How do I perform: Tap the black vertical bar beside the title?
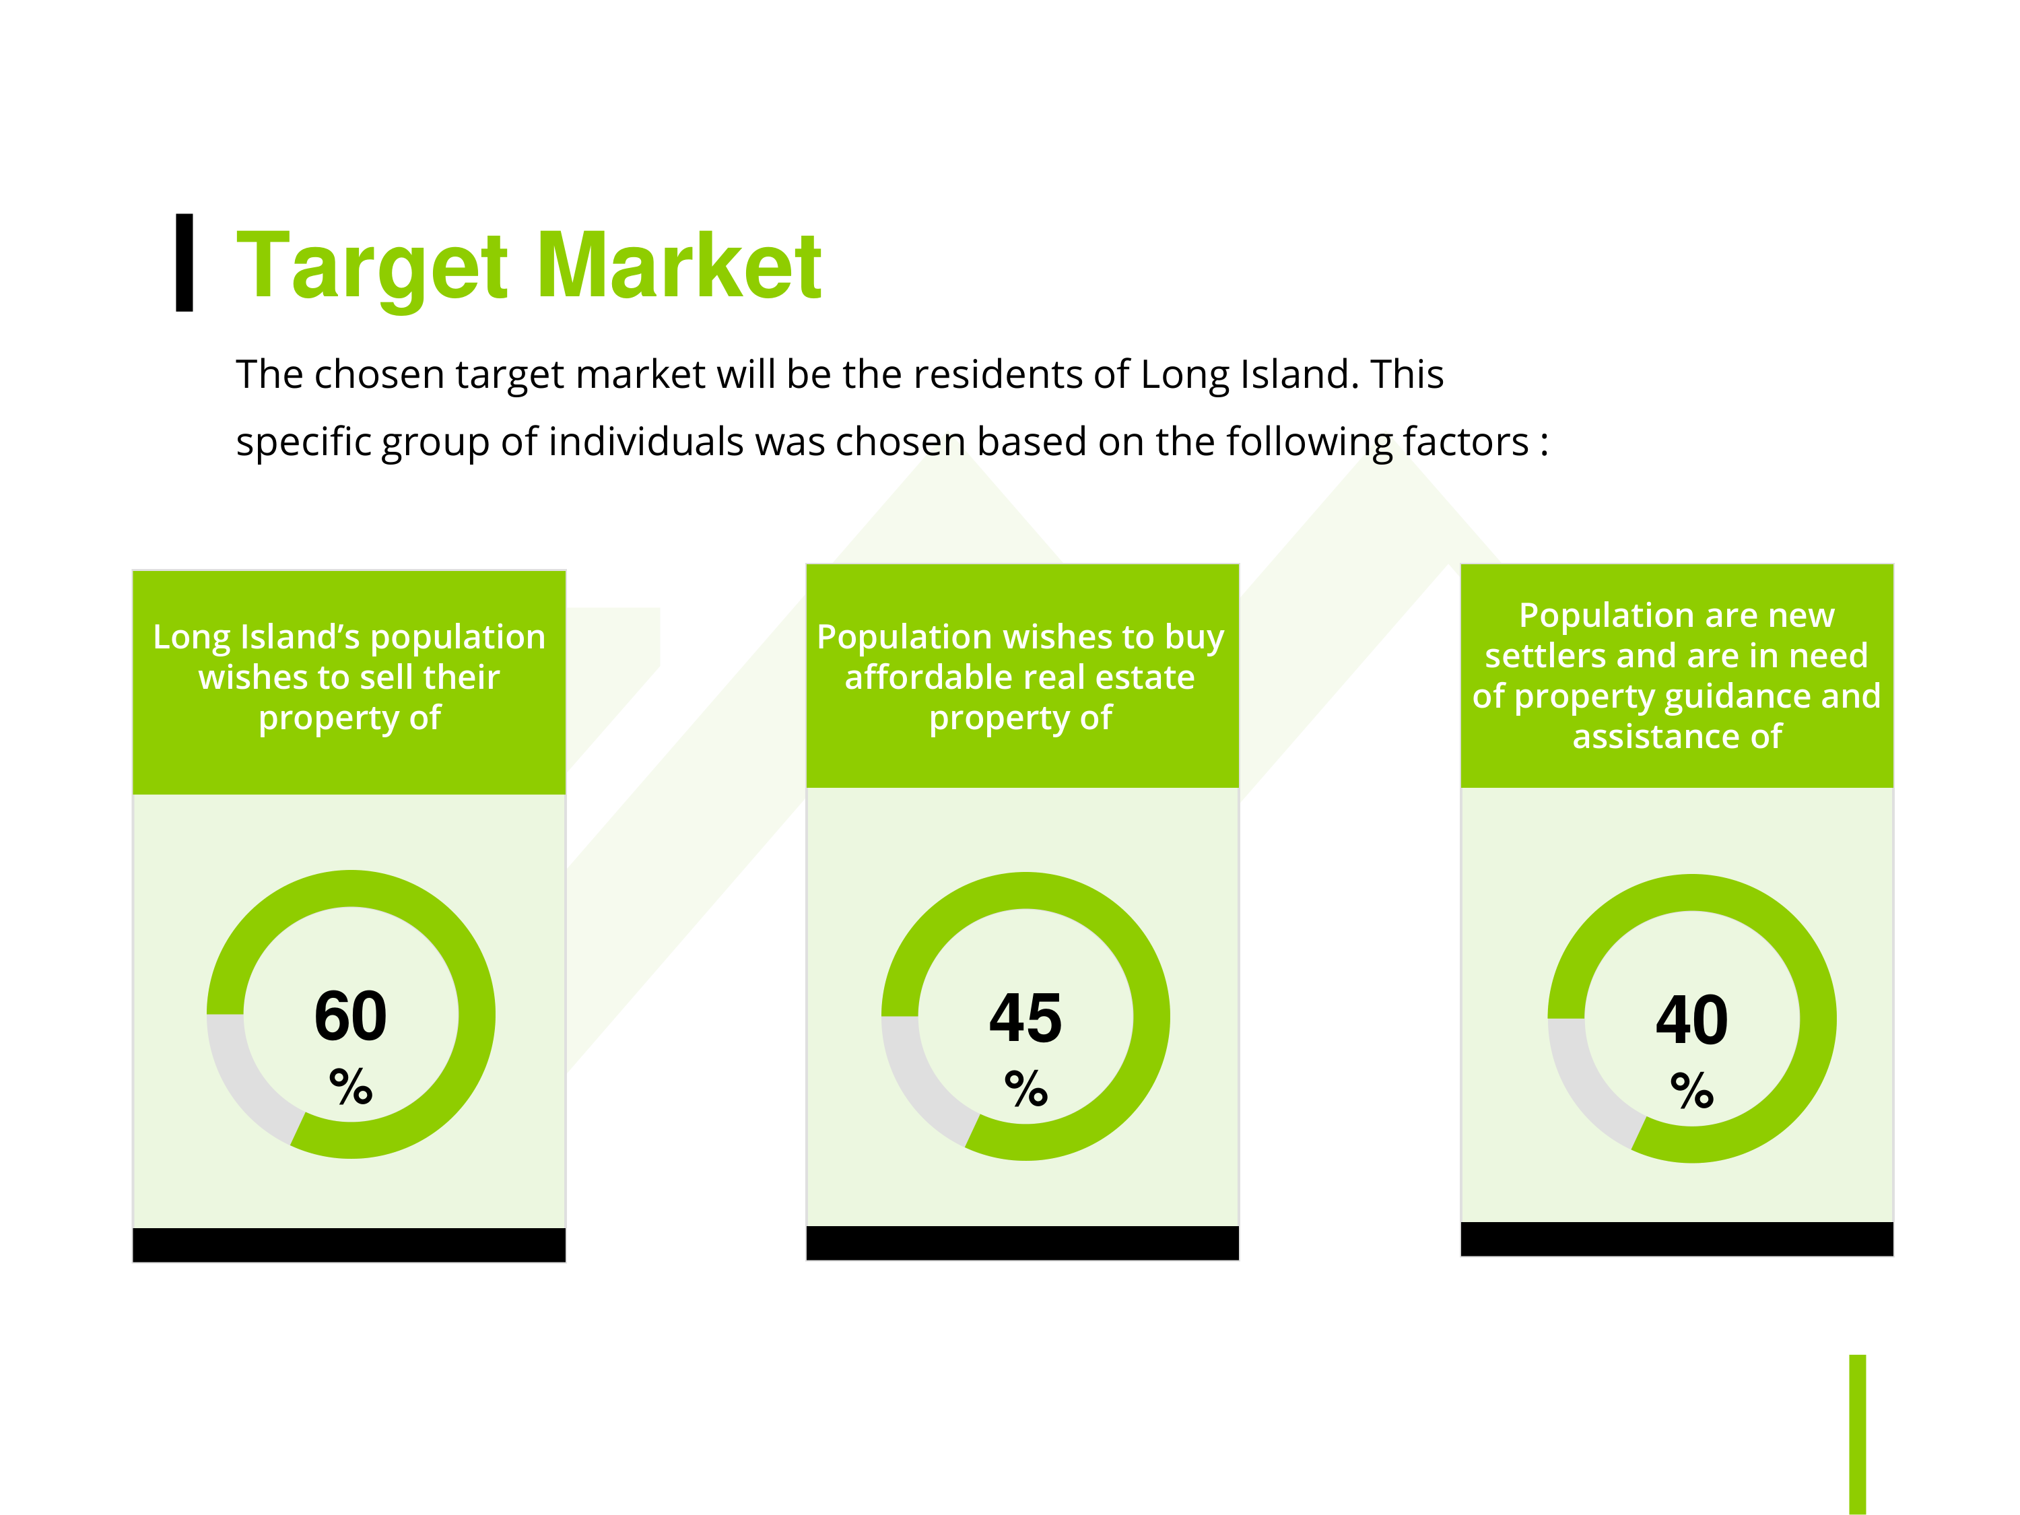tap(184, 263)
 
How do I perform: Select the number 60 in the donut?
tap(351, 1015)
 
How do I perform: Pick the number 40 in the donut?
tap(1692, 1020)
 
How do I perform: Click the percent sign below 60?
tap(351, 1086)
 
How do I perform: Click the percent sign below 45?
tap(1025, 1089)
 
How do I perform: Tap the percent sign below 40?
tap(1692, 1090)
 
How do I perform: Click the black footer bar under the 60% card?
tap(349, 1245)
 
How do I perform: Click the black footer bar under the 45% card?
tap(1023, 1243)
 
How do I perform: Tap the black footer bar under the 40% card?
tap(1677, 1239)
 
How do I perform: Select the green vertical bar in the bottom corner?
tap(1858, 1434)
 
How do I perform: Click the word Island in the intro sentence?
tap(1297, 374)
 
